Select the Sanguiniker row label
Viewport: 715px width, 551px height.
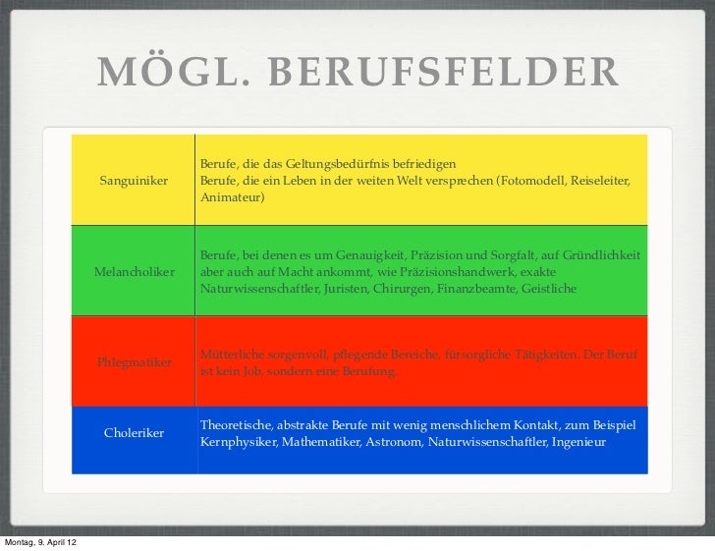134,182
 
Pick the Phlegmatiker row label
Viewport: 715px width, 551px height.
135,362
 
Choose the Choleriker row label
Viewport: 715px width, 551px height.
134,433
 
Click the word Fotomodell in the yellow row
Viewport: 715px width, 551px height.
528,182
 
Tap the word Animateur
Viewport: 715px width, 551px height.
231,198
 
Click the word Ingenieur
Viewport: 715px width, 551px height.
579,443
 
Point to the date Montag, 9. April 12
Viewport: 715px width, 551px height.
40,543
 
